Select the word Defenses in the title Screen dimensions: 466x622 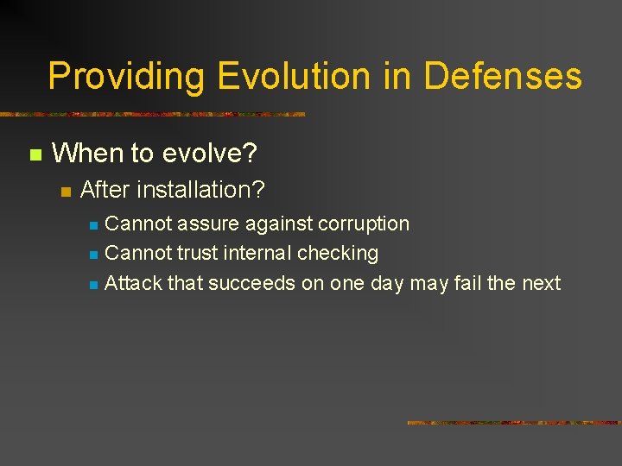click(x=502, y=77)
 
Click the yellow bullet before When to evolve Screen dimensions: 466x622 click(x=35, y=155)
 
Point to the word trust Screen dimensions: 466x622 click(x=197, y=253)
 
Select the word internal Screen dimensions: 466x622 click(x=257, y=253)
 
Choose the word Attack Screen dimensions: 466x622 click(x=133, y=283)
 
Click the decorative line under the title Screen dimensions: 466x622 click(x=152, y=114)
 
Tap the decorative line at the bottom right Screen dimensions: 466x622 click(x=514, y=423)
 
